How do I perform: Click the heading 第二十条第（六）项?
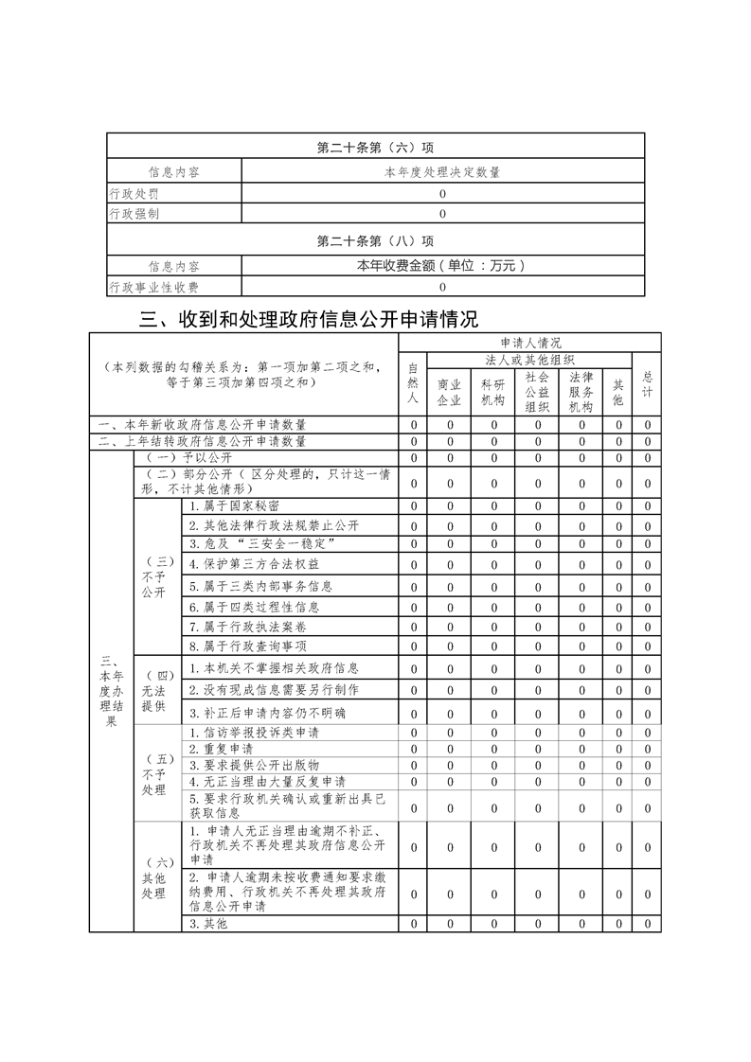pyautogui.click(x=375, y=148)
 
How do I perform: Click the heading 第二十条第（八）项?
pyautogui.click(x=375, y=240)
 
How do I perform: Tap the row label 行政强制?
pyautogui.click(x=134, y=214)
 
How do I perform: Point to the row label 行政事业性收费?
pyautogui.click(x=153, y=287)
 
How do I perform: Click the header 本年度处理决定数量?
pyautogui.click(x=442, y=172)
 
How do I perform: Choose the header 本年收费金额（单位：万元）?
pyautogui.click(x=442, y=267)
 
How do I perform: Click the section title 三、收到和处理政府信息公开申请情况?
pyautogui.click(x=309, y=319)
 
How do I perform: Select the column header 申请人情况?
pyautogui.click(x=529, y=343)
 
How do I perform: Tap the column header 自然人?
pyautogui.click(x=413, y=384)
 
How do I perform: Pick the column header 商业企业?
pyautogui.click(x=450, y=392)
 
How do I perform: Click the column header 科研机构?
pyautogui.click(x=493, y=392)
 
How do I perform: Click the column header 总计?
pyautogui.click(x=648, y=383)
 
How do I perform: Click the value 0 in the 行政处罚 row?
pyautogui.click(x=442, y=194)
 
